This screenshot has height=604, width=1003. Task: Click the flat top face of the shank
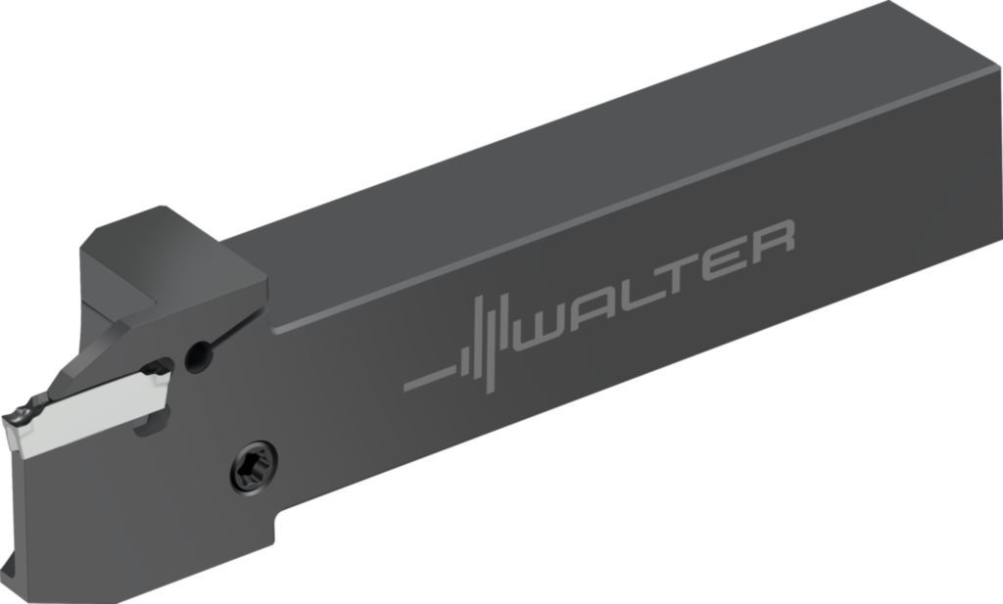[x=588, y=166]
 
